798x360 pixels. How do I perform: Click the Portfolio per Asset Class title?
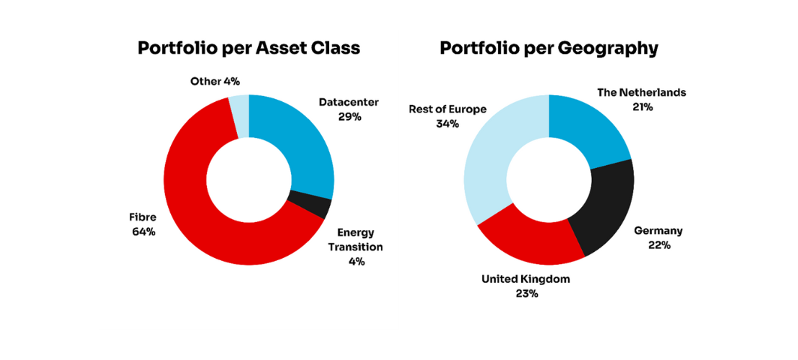[249, 48]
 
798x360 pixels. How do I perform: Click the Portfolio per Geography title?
[549, 48]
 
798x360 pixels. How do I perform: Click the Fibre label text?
[142, 217]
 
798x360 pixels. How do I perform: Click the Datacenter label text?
[349, 102]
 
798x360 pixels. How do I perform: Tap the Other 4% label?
[215, 81]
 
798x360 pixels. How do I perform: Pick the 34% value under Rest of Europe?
[447, 124]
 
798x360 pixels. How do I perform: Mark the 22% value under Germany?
[658, 245]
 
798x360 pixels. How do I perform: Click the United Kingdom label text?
[526, 279]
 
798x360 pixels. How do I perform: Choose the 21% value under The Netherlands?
[642, 107]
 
